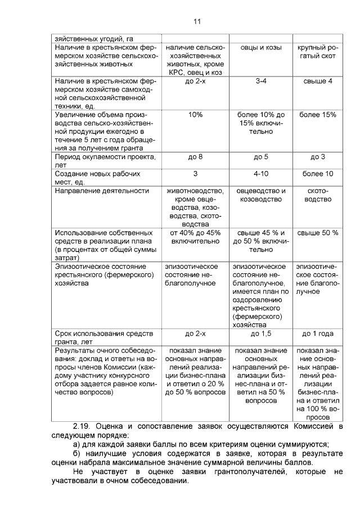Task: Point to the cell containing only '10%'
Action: [195, 115]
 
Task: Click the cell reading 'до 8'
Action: [195, 157]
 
